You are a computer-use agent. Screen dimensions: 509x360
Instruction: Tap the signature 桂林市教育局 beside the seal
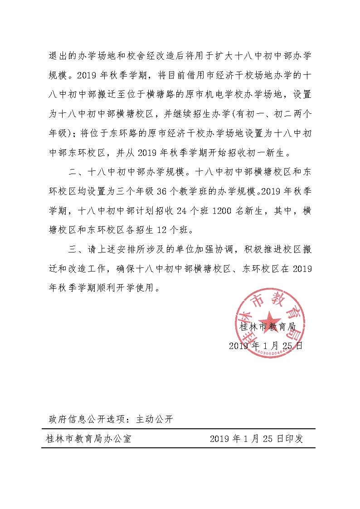tap(268, 326)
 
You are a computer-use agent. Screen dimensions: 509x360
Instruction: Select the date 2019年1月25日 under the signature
tap(265, 346)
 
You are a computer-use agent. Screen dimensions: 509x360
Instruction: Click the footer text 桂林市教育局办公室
tap(89, 439)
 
